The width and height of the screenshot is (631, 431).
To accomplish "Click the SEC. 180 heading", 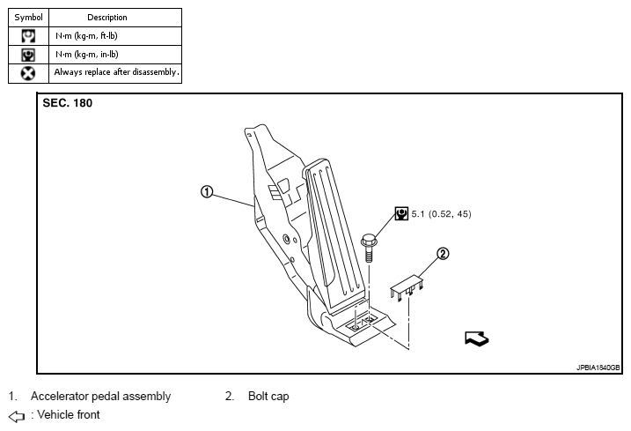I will point(68,103).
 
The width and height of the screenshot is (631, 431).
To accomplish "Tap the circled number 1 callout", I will point(206,192).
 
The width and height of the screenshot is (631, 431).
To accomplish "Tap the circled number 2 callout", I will point(443,254).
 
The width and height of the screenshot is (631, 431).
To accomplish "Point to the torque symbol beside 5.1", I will point(401,213).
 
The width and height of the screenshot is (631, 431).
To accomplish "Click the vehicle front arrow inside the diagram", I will point(476,338).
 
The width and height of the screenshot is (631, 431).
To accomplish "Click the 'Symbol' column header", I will point(28,17).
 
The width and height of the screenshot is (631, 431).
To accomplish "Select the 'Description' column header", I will point(107,17).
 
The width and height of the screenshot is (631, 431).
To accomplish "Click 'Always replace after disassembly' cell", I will point(116,72).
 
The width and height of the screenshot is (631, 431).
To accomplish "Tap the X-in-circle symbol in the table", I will point(28,72).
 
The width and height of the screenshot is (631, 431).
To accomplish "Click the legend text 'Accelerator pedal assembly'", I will point(100,397).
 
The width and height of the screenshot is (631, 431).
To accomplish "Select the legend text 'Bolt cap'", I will point(268,397).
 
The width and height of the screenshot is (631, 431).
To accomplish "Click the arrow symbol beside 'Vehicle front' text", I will point(16,415).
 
